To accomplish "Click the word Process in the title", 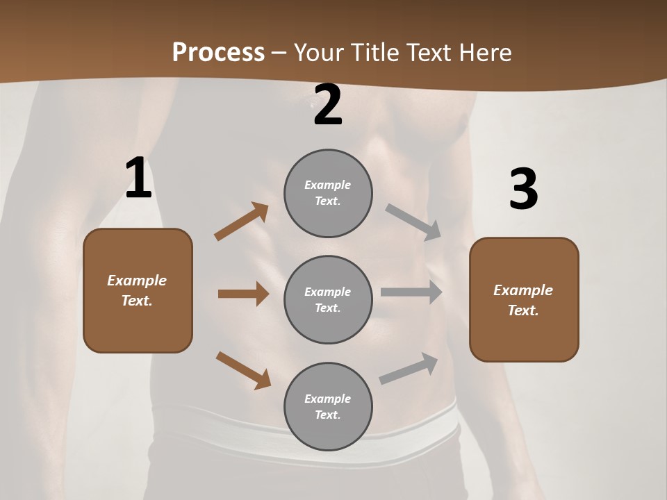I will [218, 52].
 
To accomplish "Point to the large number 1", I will [138, 178].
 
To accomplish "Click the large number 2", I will [328, 105].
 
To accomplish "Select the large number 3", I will [523, 190].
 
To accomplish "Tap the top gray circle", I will [328, 193].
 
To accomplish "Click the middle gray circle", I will [328, 300].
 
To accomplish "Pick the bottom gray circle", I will [328, 407].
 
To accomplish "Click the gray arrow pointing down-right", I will [413, 222].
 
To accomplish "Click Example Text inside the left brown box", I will [137, 290].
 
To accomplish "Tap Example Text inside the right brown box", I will [523, 300].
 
